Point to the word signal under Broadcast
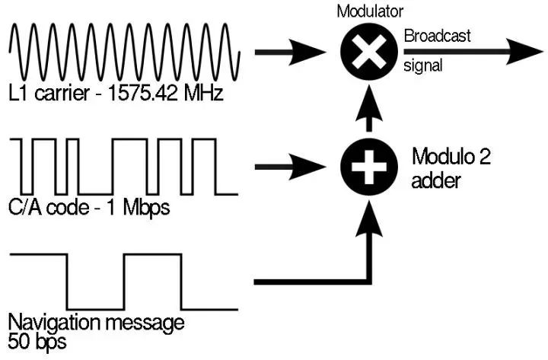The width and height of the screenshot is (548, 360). tap(422, 66)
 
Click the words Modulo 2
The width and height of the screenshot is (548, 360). tap(451, 158)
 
